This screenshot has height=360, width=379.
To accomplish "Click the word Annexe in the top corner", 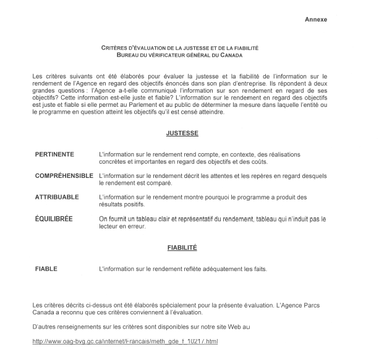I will pos(316,20).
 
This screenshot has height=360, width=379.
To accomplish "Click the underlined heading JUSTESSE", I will pos(182,133).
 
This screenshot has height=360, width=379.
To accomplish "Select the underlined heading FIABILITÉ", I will pos(182,248).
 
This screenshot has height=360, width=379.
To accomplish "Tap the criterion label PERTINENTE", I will pos(55,154).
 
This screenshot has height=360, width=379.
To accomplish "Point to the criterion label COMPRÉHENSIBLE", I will pos(64,176).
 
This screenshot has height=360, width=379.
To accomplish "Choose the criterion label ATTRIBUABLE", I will pos(57,197).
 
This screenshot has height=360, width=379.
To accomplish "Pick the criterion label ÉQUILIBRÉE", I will pos(54,219).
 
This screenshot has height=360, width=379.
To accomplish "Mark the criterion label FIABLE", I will pos(46,269).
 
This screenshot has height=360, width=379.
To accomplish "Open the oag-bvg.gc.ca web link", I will pos(125,341).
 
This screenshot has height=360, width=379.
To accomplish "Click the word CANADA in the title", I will pos(242,54).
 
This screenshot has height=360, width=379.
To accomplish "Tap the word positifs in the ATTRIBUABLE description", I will pos(132,204).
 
